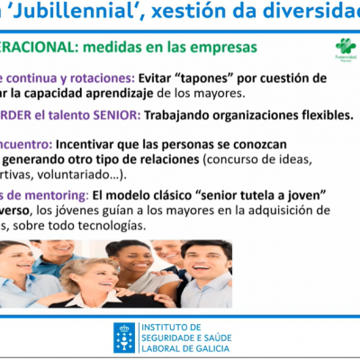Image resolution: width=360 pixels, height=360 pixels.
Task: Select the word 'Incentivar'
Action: pos(92,143)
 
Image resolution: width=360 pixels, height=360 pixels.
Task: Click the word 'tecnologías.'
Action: pos(113,225)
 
